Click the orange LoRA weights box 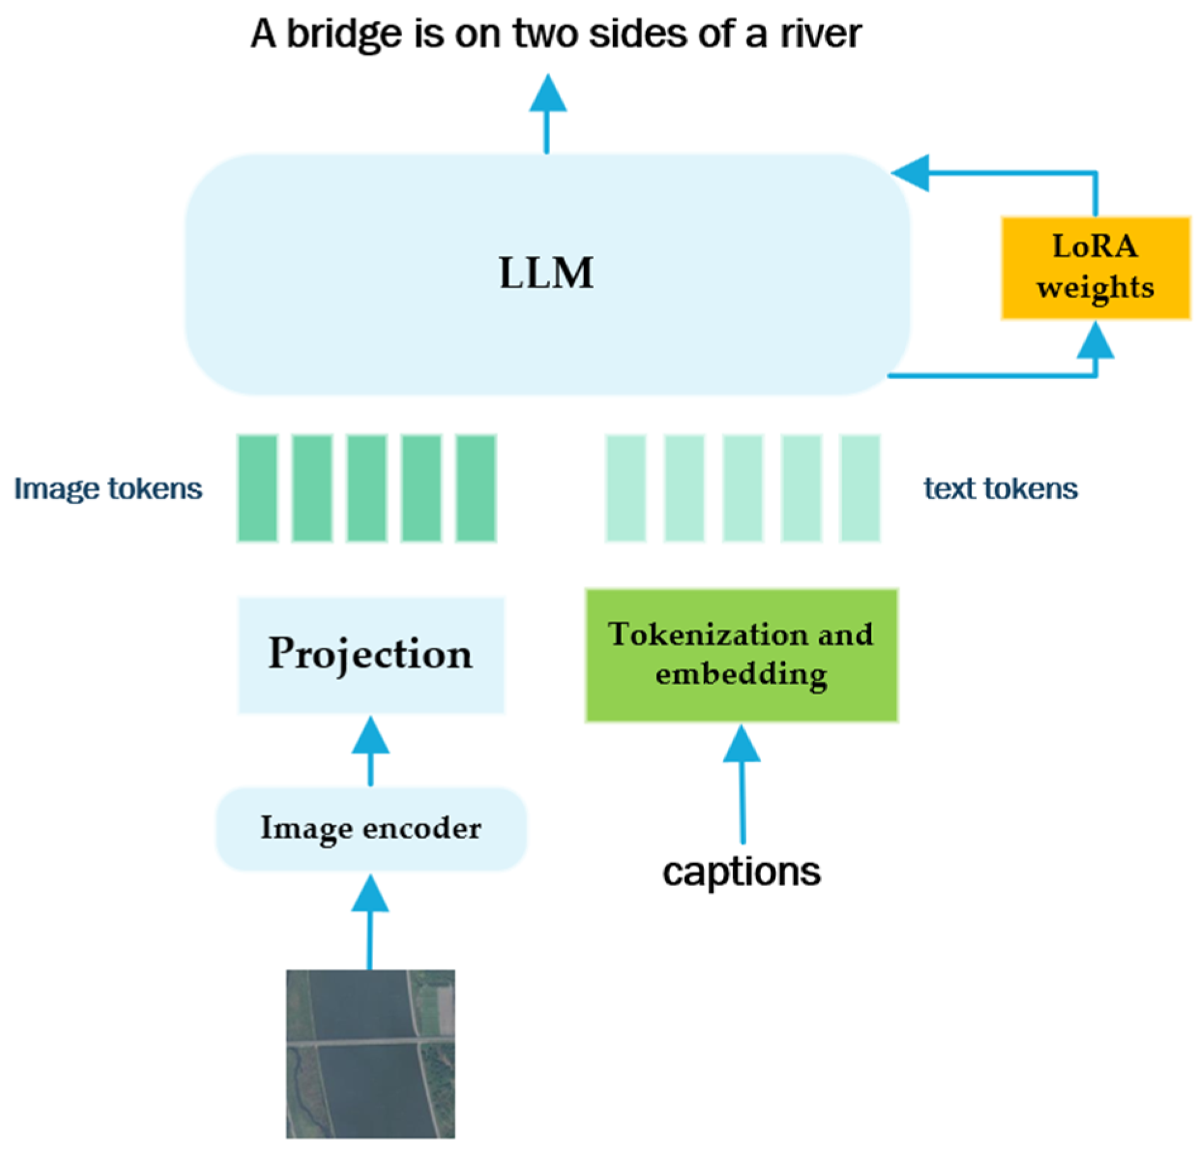(x=1094, y=268)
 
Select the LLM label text (x=546, y=273)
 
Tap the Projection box (x=370, y=655)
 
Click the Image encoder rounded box (x=370, y=828)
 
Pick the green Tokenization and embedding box (x=741, y=655)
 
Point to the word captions (x=741, y=872)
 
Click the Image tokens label (x=108, y=488)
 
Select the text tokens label (x=1000, y=488)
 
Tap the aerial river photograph (x=370, y=1053)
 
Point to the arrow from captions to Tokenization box (x=741, y=784)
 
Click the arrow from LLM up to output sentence (x=547, y=114)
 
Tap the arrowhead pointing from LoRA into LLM (x=911, y=172)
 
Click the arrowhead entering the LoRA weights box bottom (x=1095, y=341)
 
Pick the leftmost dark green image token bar (x=257, y=488)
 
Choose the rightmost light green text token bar (x=859, y=488)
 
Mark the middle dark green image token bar (x=367, y=488)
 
